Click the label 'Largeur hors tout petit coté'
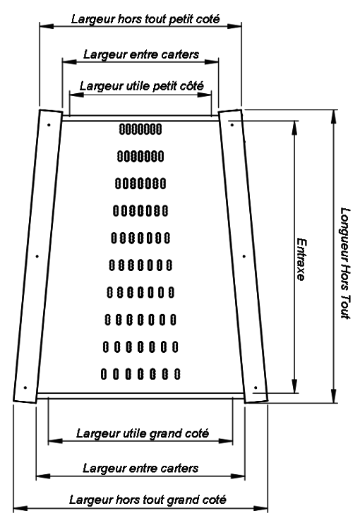145,19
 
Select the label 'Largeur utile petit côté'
141,86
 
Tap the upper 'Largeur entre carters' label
141,54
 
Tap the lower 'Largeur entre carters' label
140,468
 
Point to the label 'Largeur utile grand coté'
143,433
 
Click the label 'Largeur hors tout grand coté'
148,500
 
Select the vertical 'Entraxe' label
301,259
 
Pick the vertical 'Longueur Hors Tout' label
345,263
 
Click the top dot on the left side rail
49,125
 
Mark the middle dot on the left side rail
37,256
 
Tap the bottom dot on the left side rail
25,387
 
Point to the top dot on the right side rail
232,125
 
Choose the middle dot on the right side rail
244,256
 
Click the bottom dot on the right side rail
256,387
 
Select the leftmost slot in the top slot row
121,129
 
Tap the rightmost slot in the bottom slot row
177,374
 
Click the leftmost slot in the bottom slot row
104,374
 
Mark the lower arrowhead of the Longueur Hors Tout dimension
334,395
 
